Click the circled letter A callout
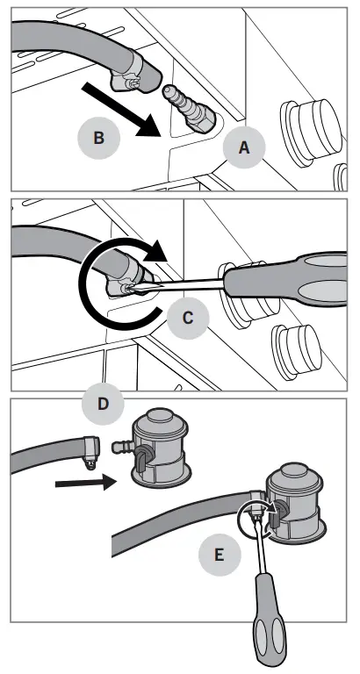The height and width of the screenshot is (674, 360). [x=243, y=149]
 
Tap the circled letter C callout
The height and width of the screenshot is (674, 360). [x=188, y=318]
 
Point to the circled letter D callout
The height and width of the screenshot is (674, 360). [x=103, y=405]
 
